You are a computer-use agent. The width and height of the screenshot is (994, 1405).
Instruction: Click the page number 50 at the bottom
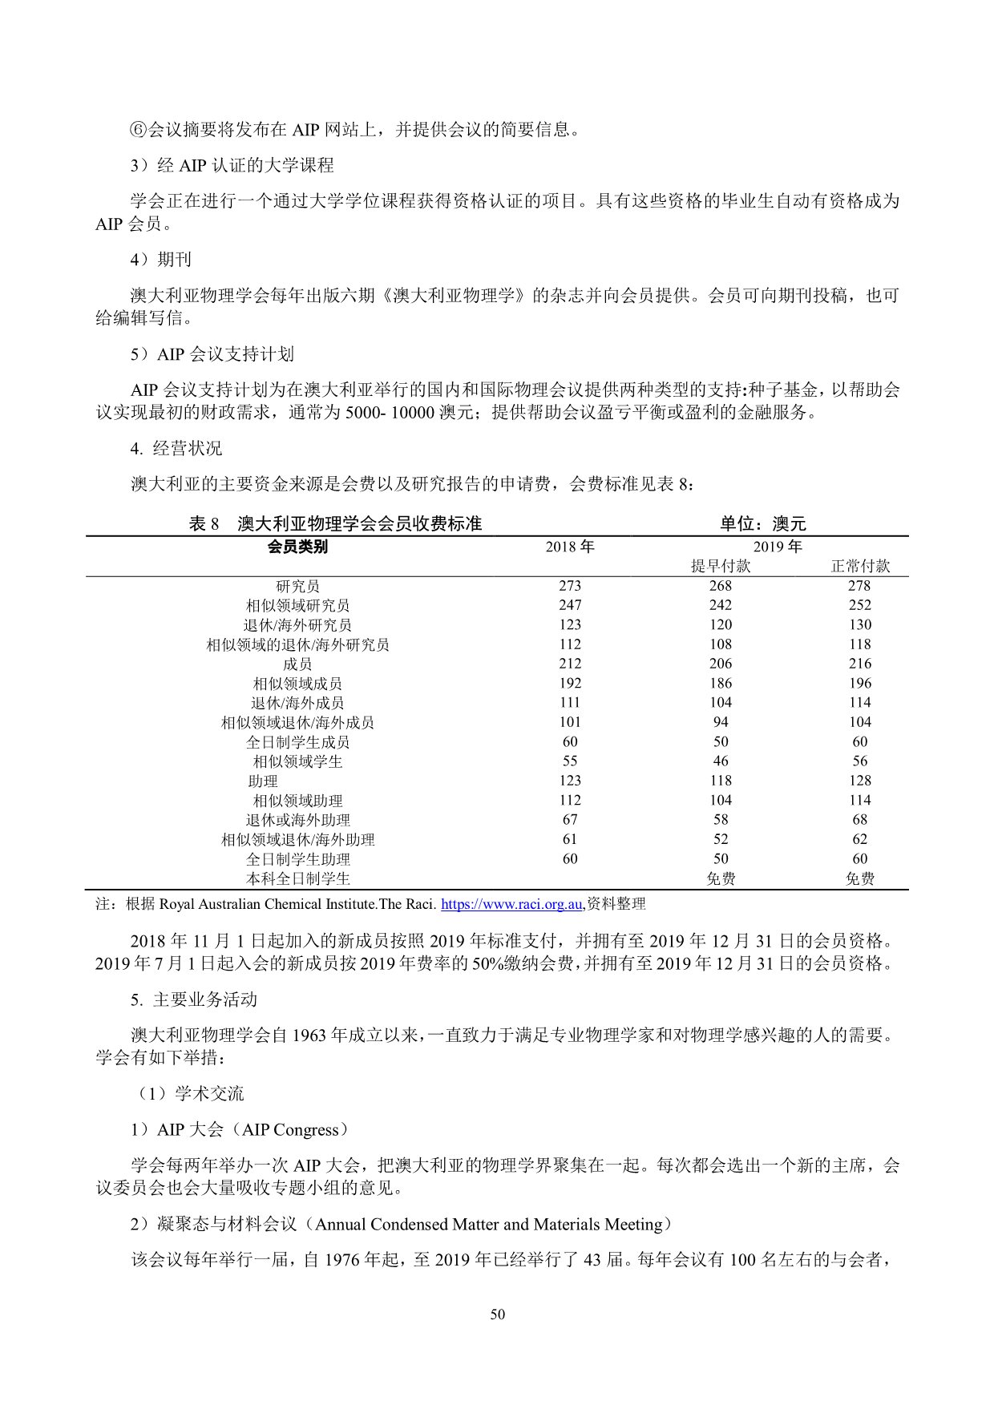tap(497, 1314)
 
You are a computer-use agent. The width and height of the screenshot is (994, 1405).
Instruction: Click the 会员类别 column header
tap(297, 547)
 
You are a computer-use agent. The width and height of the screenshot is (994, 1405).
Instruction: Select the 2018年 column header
tap(570, 547)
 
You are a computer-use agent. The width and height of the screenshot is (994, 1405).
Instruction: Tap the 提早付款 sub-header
tap(721, 566)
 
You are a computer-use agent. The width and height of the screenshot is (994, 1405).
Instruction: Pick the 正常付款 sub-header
tap(859, 566)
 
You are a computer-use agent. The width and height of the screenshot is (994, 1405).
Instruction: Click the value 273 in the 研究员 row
tap(570, 586)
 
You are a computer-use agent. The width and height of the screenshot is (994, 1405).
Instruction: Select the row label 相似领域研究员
tap(297, 605)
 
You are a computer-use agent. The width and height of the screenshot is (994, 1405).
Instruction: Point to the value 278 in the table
tap(859, 586)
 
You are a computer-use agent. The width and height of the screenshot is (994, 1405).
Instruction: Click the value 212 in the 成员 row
tap(570, 664)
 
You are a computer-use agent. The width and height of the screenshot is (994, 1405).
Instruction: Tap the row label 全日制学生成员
tap(297, 742)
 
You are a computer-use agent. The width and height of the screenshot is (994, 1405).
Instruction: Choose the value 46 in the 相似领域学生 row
tap(721, 761)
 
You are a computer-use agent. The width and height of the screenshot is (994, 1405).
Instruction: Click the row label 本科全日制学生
tap(297, 878)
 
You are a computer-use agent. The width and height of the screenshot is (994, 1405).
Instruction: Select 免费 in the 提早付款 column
tap(721, 878)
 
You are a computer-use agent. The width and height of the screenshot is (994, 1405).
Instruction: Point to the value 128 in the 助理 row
tap(859, 781)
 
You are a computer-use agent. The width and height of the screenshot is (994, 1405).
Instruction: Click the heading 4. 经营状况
tap(176, 448)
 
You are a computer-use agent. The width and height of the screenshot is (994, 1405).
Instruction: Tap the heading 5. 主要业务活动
tap(194, 999)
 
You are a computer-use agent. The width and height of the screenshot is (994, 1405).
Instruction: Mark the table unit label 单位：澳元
tap(762, 524)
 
